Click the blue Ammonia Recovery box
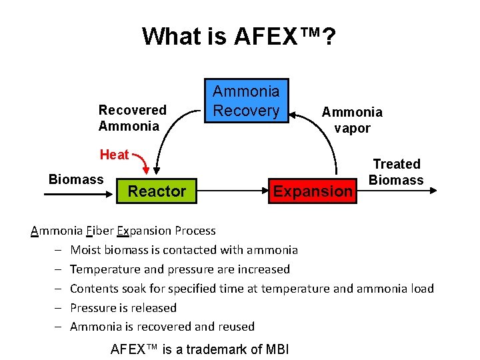pyautogui.click(x=246, y=101)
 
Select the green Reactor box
pyautogui.click(x=157, y=191)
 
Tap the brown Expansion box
pyautogui.click(x=313, y=191)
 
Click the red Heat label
pyautogui.click(x=114, y=155)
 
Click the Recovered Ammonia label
pyautogui.click(x=132, y=118)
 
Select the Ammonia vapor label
pyautogui.click(x=352, y=120)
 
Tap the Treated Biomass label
pyautogui.click(x=396, y=172)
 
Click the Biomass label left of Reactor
pyautogui.click(x=76, y=179)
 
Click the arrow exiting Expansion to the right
pyautogui.click(x=400, y=191)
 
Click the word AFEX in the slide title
pyautogui.click(x=269, y=36)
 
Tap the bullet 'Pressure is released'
pyautogui.click(x=123, y=307)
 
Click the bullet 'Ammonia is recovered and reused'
pyautogui.click(x=162, y=327)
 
